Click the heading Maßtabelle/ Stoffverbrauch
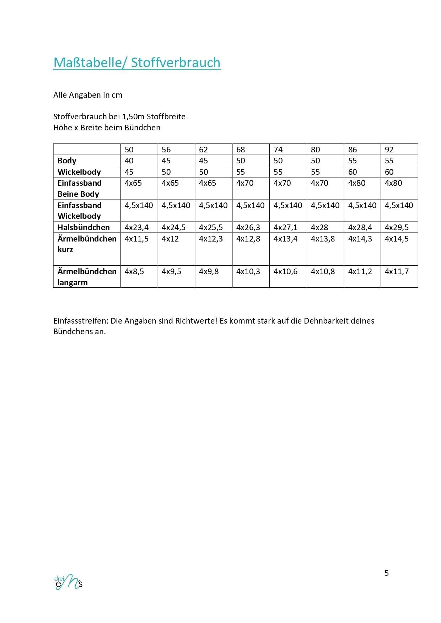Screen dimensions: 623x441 137,63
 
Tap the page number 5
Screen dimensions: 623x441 387,573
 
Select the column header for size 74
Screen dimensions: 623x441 278,150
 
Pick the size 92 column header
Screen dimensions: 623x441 389,150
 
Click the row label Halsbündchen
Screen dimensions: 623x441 84,227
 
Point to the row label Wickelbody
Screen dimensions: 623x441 79,172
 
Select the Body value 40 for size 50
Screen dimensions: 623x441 129,161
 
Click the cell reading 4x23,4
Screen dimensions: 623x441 136,227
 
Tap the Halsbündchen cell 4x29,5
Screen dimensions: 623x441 397,227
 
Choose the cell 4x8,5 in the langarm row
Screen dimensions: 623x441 134,272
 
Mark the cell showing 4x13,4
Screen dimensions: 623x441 285,239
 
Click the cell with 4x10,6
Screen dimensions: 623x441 285,272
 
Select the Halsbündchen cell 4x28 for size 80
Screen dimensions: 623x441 319,227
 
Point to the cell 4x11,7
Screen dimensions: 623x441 397,272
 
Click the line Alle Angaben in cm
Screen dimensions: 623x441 88,95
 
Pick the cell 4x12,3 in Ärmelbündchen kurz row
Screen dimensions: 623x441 211,239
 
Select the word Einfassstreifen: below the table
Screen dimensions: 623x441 81,321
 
